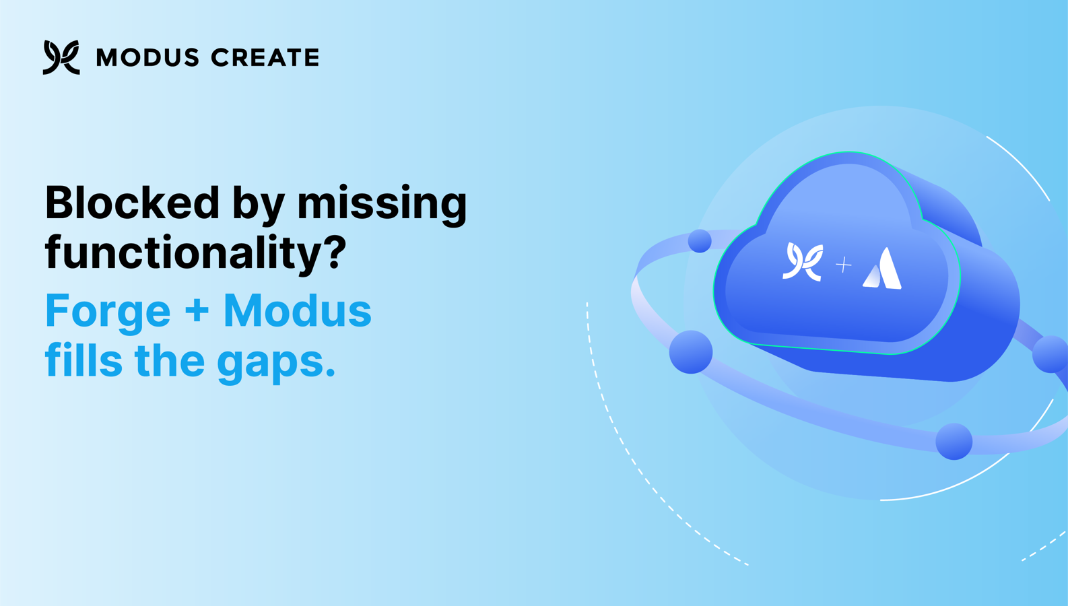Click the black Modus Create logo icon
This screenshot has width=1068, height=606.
61,57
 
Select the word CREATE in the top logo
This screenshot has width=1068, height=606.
265,58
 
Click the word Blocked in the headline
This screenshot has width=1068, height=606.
132,203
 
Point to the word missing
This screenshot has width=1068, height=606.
382,205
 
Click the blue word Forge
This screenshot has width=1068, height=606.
108,313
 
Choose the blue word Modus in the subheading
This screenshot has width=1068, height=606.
298,310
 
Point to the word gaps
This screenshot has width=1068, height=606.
276,364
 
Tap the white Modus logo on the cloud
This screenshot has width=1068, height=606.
803,261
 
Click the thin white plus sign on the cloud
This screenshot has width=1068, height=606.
844,265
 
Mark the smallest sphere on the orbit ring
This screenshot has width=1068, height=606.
700,241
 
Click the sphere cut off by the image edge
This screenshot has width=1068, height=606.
1050,354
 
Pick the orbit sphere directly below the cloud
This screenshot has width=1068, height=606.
954,442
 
